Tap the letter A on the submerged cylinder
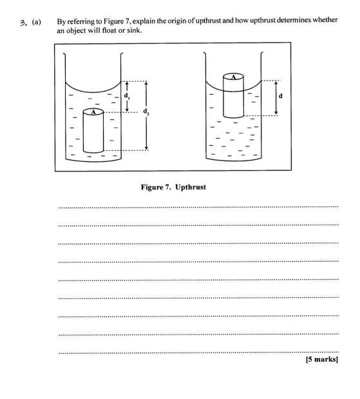click(x=93, y=112)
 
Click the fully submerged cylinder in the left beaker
click(x=93, y=132)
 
